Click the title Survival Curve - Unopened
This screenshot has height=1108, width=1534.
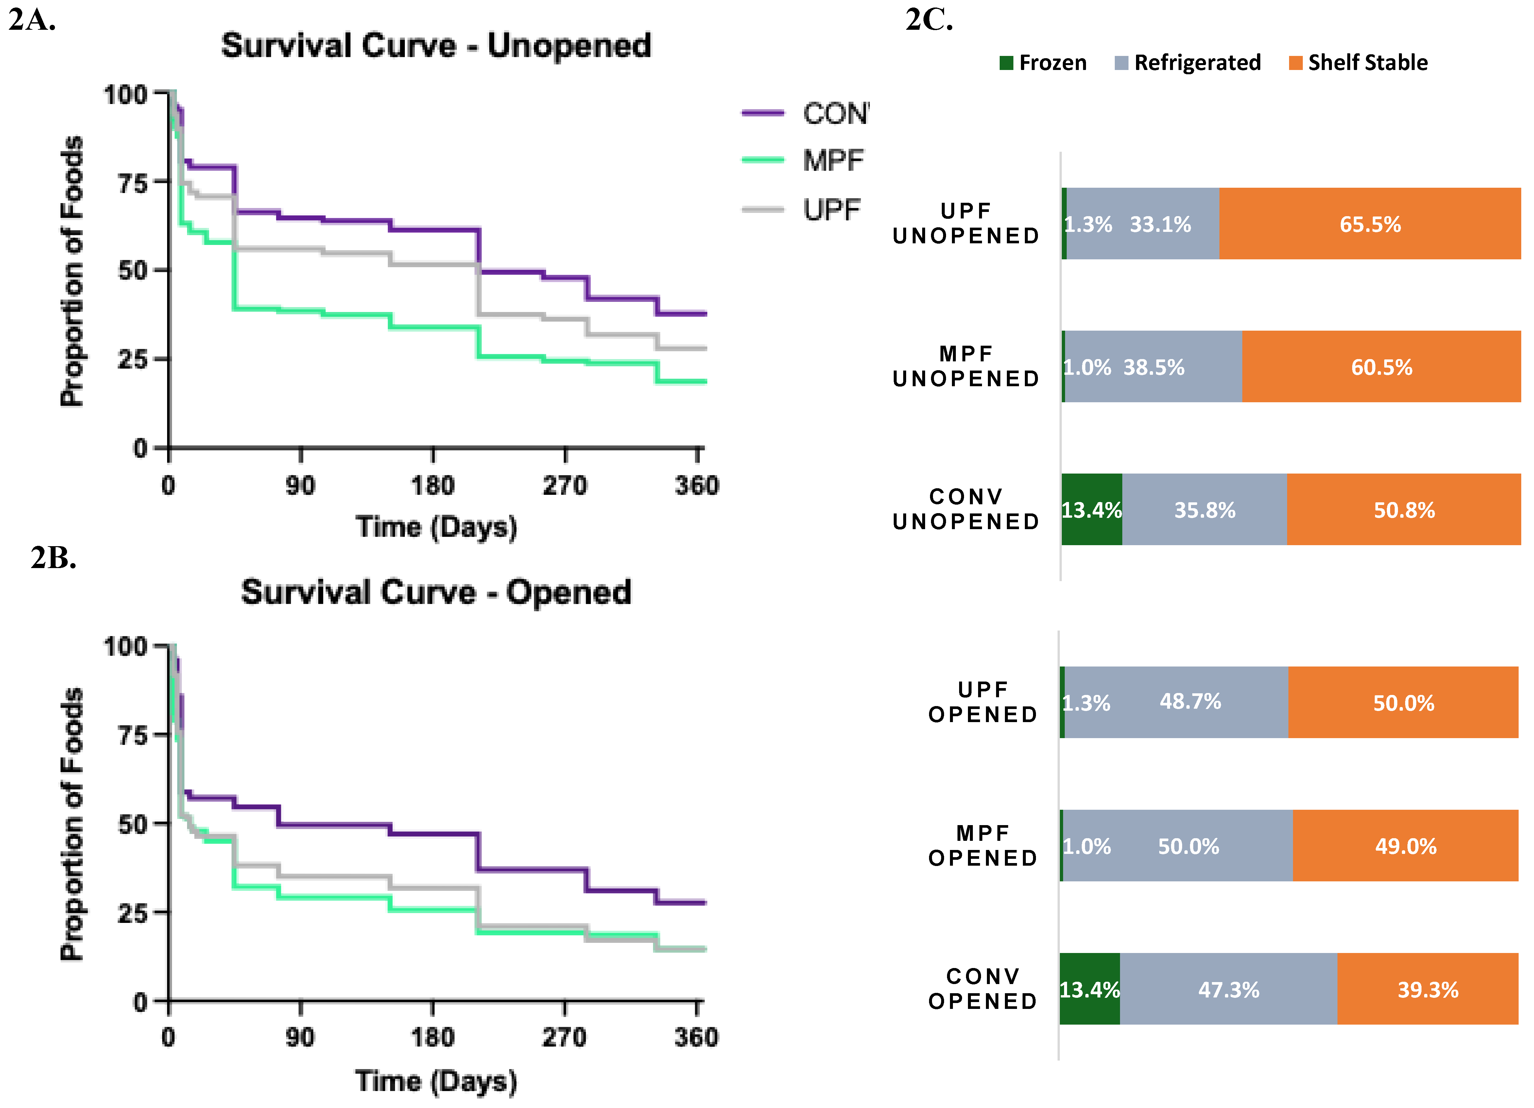click(x=436, y=46)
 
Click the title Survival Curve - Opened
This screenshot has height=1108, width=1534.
click(x=436, y=593)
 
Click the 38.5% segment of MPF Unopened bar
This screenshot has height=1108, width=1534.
click(x=1154, y=367)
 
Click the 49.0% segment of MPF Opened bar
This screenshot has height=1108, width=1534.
click(x=1405, y=845)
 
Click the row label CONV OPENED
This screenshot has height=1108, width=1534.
click(x=983, y=989)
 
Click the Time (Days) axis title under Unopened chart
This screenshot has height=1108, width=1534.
click(x=436, y=527)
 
